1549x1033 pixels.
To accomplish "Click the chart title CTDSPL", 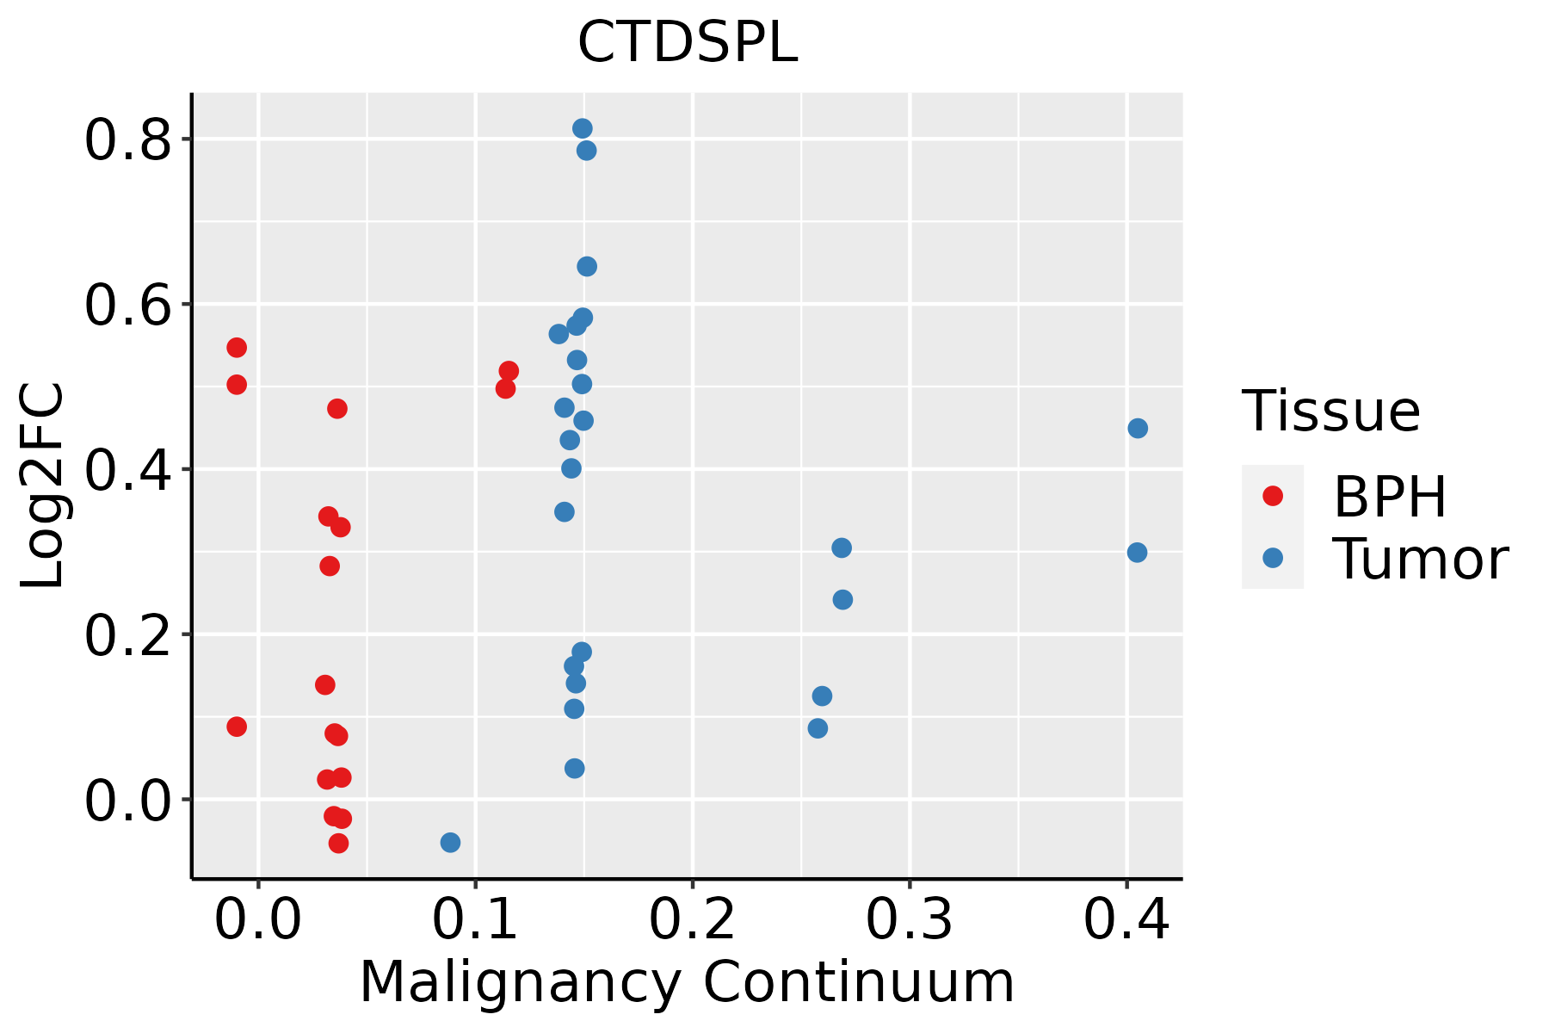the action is pyautogui.click(x=688, y=42).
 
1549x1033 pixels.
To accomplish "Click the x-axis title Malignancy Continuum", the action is pyautogui.click(x=687, y=983).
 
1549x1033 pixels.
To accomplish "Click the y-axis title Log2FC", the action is pyautogui.click(x=42, y=486).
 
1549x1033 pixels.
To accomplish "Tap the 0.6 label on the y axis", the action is pyautogui.click(x=126, y=305).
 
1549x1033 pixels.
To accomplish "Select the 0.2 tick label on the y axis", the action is pyautogui.click(x=126, y=634).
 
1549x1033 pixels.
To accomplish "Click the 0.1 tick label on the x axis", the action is pyautogui.click(x=475, y=920).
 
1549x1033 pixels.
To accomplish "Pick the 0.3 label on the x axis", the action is pyautogui.click(x=909, y=920).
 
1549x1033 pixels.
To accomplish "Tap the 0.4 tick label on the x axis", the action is pyautogui.click(x=1126, y=920).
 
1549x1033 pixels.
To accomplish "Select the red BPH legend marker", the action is pyautogui.click(x=1272, y=496).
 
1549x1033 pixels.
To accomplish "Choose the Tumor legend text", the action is pyautogui.click(x=1421, y=559).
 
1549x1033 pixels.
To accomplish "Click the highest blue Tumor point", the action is pyautogui.click(x=583, y=128).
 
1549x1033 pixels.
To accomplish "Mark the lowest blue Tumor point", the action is pyautogui.click(x=450, y=842).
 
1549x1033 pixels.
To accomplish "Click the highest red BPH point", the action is pyautogui.click(x=237, y=348).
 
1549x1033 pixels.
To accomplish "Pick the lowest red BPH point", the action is pyautogui.click(x=338, y=843).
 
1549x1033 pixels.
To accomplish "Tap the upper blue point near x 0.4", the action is pyautogui.click(x=1138, y=428).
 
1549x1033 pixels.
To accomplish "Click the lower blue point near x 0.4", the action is pyautogui.click(x=1137, y=553).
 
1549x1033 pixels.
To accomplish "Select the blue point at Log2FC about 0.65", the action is pyautogui.click(x=587, y=266).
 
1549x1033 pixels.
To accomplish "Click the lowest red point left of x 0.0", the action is pyautogui.click(x=237, y=727).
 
